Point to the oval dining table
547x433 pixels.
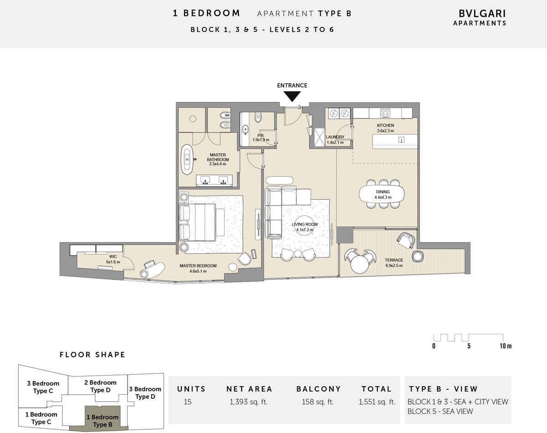pos(382,195)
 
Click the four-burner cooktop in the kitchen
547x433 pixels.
pos(385,113)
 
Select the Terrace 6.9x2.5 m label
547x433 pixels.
pos(394,263)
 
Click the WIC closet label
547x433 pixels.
pos(113,259)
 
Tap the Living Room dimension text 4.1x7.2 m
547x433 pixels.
pos(304,230)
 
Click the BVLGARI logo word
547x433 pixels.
pos(482,14)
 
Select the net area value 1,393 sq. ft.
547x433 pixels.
pos(248,402)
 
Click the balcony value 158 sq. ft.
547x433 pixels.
pos(318,402)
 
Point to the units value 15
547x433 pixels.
pos(188,402)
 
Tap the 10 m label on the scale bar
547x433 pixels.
pos(506,346)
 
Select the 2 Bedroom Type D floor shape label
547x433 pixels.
pos(100,386)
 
